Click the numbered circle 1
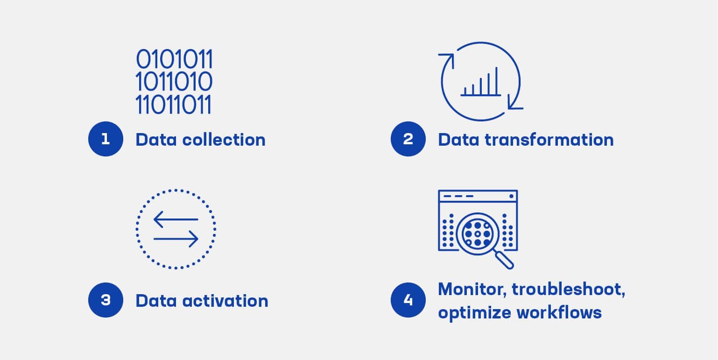click(106, 139)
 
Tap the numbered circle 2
click(408, 139)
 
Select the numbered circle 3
click(106, 300)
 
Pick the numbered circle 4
click(408, 300)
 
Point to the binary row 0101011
click(174, 59)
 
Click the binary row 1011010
click(174, 82)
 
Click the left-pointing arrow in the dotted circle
click(176, 219)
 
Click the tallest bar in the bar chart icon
click(497, 81)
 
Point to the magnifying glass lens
click(477, 233)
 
